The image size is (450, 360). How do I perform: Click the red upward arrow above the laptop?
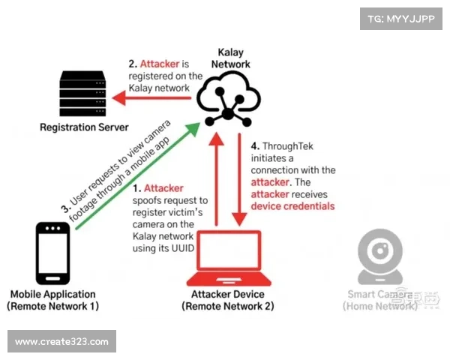(216, 184)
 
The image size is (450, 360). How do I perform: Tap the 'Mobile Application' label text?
(52, 294)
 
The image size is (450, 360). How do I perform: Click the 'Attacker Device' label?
(228, 294)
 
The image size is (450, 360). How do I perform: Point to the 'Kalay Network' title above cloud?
(229, 58)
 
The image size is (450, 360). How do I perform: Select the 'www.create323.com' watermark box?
(63, 342)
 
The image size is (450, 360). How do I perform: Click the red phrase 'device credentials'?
(292, 205)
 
